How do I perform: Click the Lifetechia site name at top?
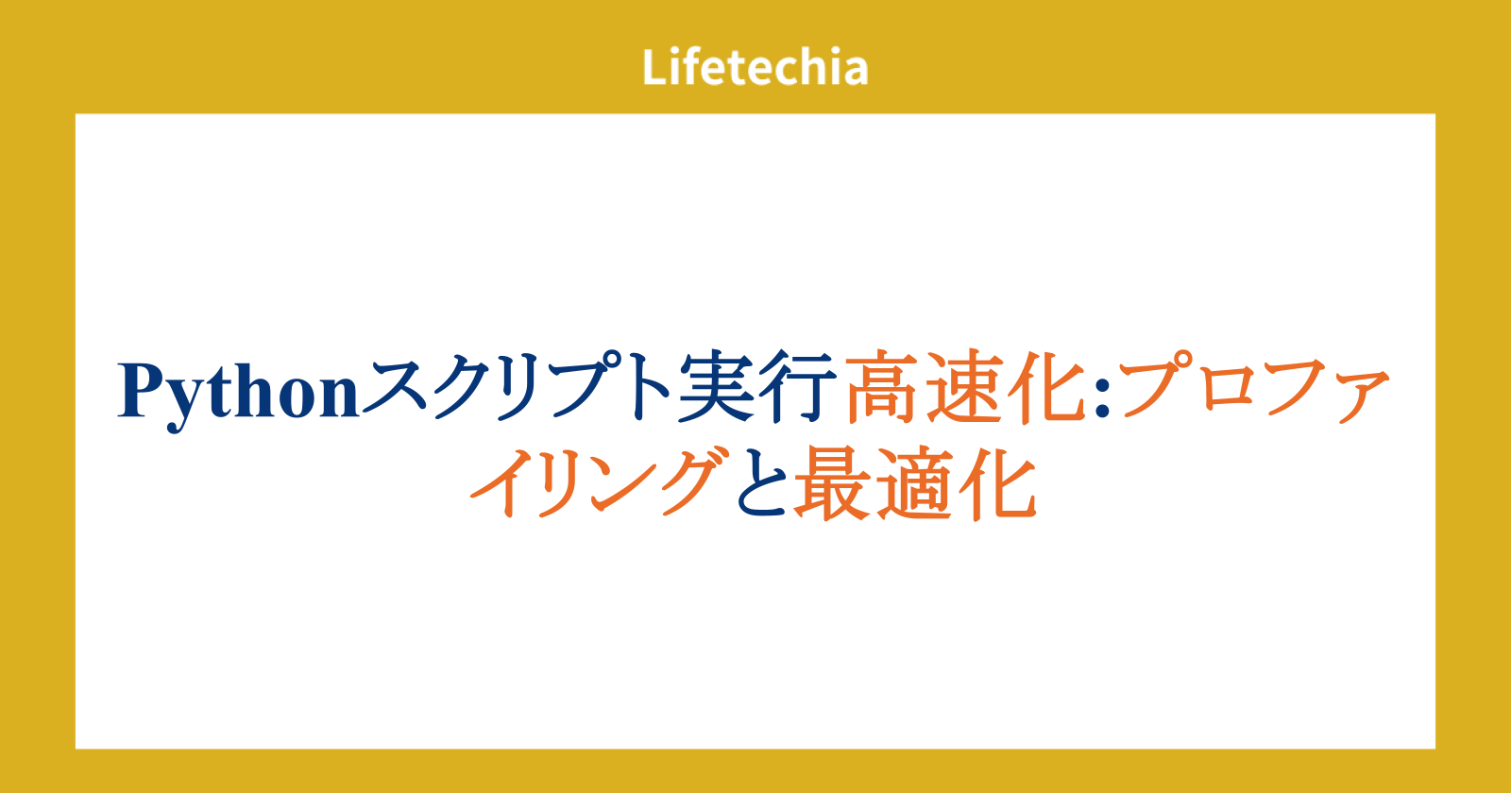755,67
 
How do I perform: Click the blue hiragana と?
762,482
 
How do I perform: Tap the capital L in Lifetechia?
655,67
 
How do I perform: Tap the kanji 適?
915,483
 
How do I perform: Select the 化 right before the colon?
1047,387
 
